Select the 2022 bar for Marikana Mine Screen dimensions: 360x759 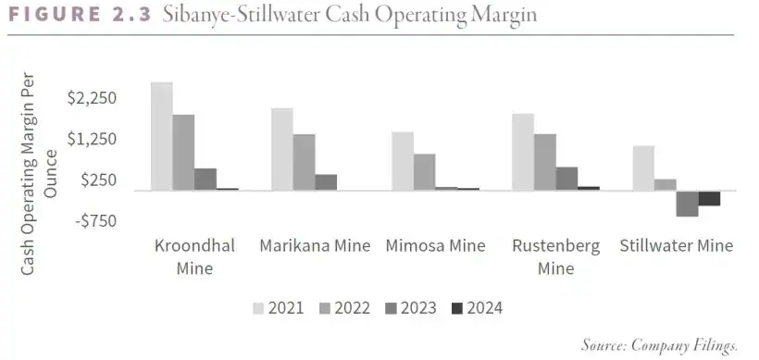(x=304, y=162)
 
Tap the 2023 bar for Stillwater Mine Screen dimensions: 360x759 (x=687, y=204)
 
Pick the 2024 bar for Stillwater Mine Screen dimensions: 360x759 (x=709, y=198)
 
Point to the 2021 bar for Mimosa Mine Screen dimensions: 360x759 (x=403, y=161)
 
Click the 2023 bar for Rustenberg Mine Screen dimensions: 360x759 (x=566, y=179)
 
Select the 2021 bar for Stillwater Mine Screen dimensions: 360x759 (x=643, y=168)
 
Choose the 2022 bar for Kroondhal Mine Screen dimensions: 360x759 (x=183, y=153)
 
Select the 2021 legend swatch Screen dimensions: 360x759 (x=258, y=307)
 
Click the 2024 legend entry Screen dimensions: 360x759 (x=476, y=307)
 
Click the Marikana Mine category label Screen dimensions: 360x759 (x=315, y=246)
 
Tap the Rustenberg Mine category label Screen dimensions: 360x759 (x=555, y=257)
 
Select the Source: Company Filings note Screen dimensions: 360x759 (x=659, y=345)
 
